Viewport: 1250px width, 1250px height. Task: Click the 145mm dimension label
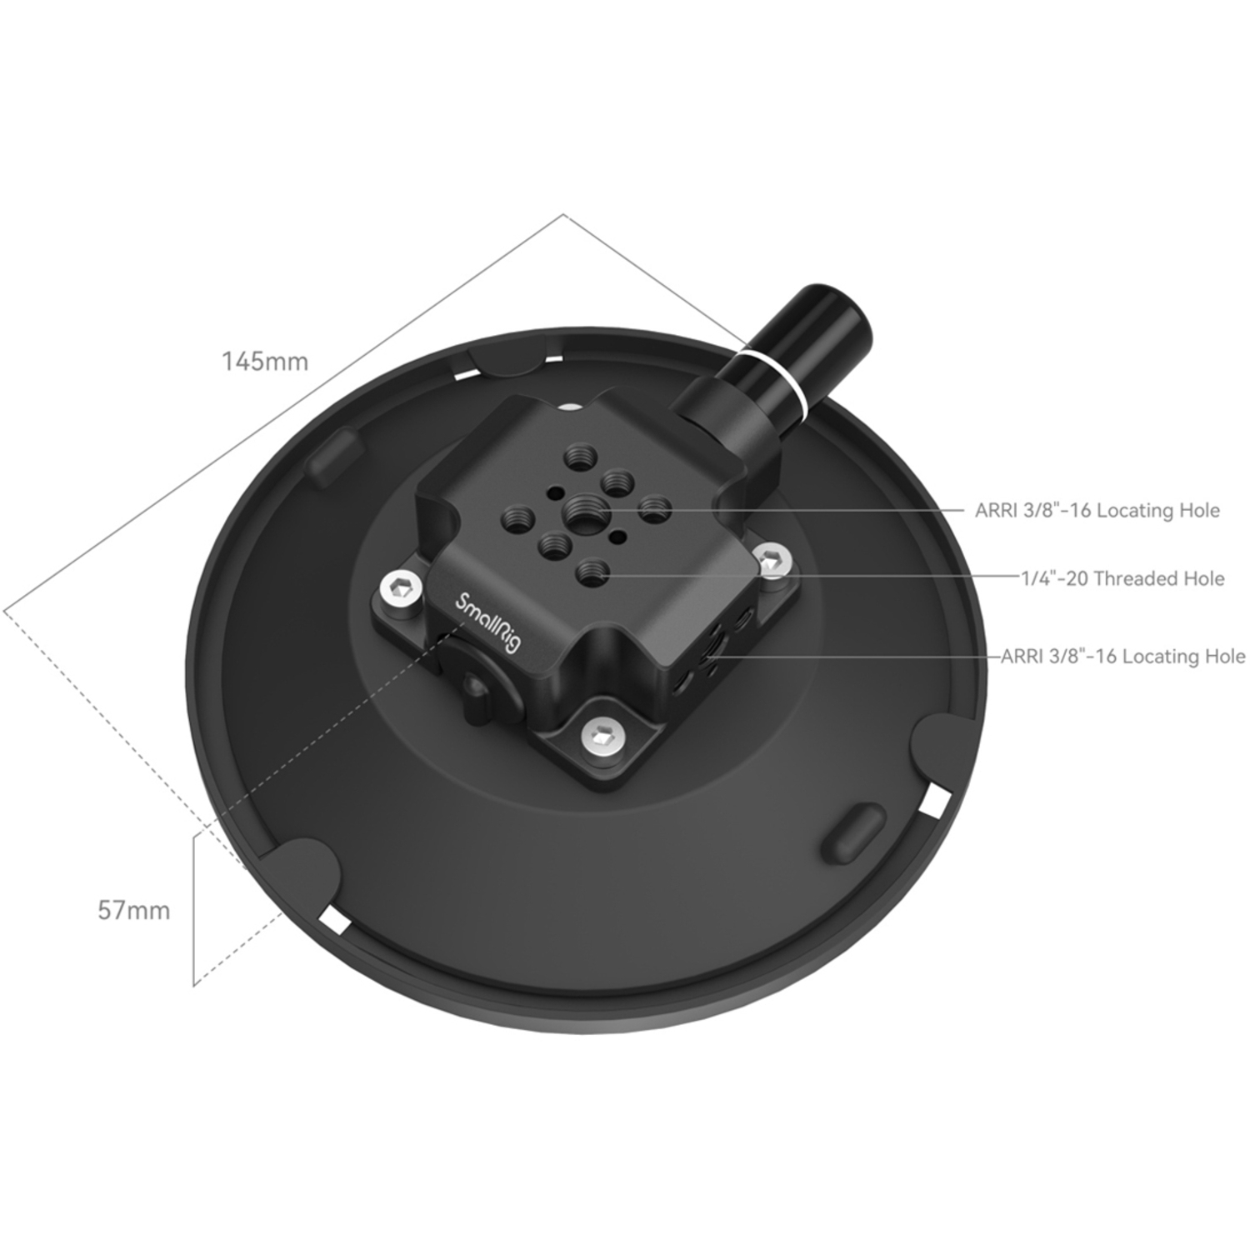pyautogui.click(x=264, y=362)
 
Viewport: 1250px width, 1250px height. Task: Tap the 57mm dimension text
pyautogui.click(x=133, y=910)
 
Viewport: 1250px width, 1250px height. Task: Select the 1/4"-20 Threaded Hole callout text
pyautogui.click(x=1122, y=578)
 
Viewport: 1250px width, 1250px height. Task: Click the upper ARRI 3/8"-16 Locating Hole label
pyautogui.click(x=1097, y=510)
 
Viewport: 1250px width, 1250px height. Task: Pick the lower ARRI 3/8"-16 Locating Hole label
pyautogui.click(x=1122, y=657)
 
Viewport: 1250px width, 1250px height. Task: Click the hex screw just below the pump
pyautogui.click(x=772, y=561)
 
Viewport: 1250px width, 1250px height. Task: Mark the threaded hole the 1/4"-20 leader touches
pyautogui.click(x=592, y=572)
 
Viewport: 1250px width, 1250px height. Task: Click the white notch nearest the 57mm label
pyautogui.click(x=335, y=921)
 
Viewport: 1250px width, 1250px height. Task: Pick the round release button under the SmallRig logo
pyautogui.click(x=477, y=685)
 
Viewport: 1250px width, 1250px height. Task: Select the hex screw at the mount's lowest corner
pyautogui.click(x=602, y=735)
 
